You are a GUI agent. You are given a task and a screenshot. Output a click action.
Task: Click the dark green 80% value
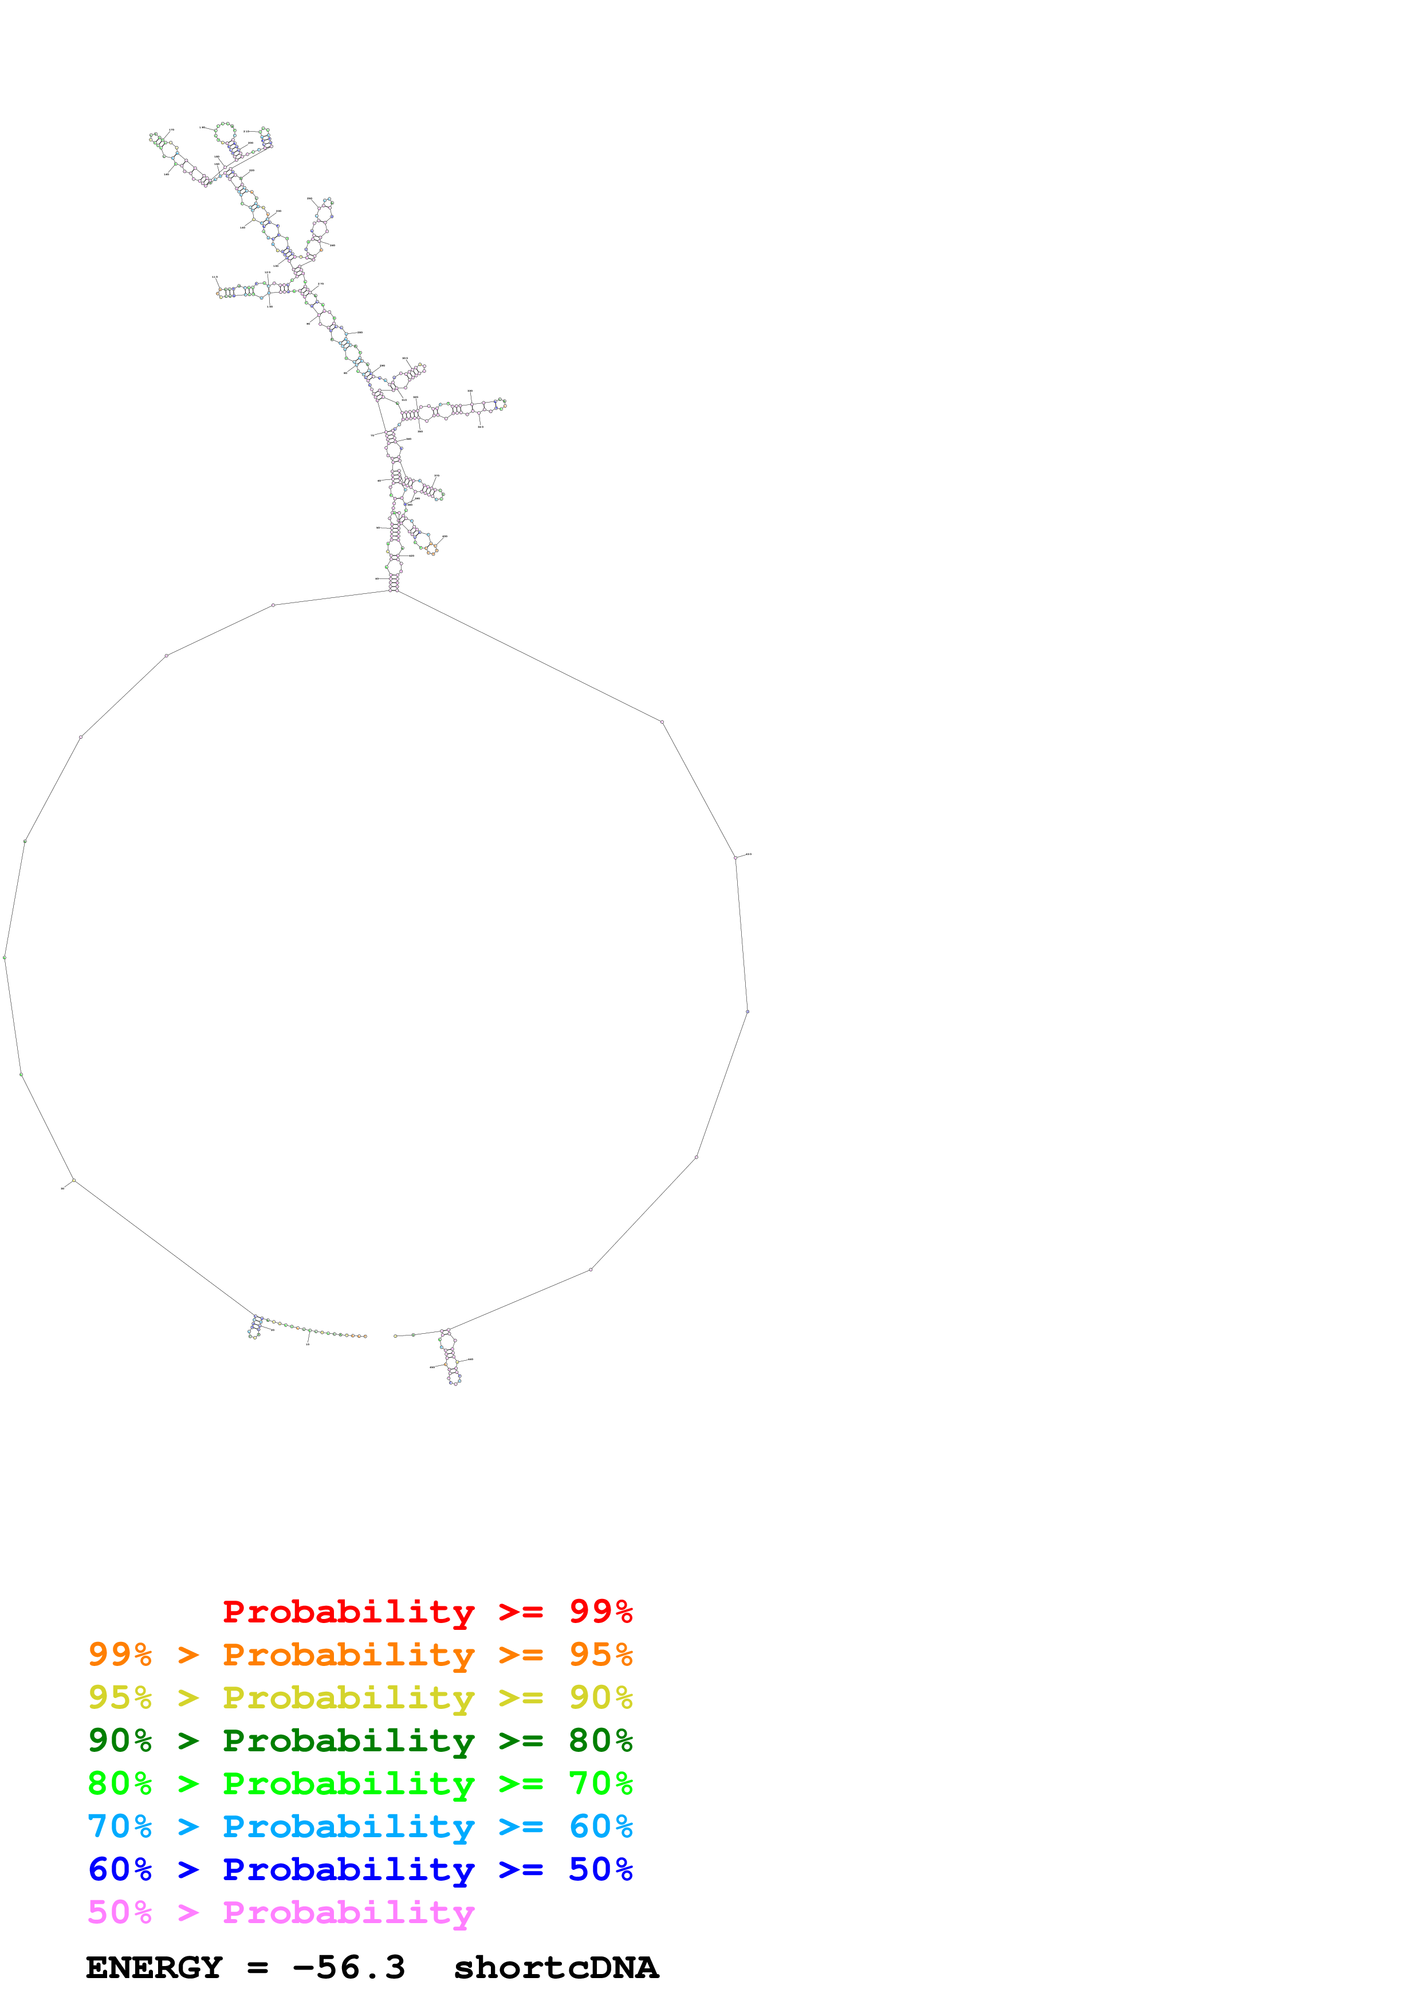(x=600, y=1740)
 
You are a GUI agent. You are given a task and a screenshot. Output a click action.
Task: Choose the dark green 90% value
(x=120, y=1740)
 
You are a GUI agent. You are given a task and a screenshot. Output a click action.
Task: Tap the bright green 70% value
(x=600, y=1783)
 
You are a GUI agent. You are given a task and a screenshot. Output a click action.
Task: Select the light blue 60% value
(x=600, y=1826)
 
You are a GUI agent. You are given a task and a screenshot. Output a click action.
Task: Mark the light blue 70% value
(x=120, y=1826)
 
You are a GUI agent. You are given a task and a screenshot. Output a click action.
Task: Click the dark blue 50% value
(x=600, y=1869)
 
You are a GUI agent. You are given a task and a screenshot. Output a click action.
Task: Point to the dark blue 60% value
(x=120, y=1869)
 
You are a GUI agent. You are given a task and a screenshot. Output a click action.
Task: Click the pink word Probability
(x=348, y=1913)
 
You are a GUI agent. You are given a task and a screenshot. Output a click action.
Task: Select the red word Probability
(x=348, y=1613)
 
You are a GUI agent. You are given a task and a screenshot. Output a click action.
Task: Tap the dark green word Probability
(x=348, y=1741)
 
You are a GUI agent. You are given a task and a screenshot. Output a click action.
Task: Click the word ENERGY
(x=154, y=1968)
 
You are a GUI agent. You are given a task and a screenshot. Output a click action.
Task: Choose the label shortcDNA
(x=556, y=1968)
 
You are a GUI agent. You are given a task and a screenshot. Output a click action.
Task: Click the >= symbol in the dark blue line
(x=521, y=1870)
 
